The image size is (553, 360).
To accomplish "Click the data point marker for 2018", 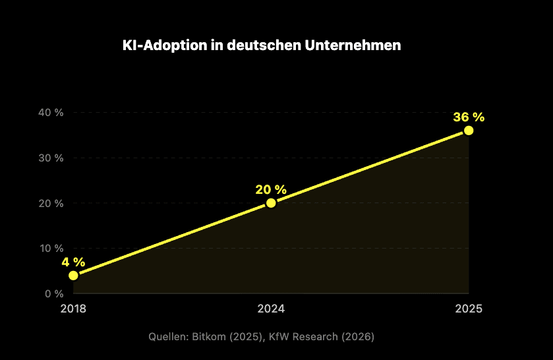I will pos(73,276).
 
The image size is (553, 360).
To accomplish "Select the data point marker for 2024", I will pos(271,203).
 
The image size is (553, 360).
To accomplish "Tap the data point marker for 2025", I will pos(469,131).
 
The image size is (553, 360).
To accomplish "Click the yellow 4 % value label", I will pos(73,262).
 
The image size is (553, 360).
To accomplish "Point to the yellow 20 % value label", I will pos(271,189).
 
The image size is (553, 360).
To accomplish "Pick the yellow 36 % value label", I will pos(469,117).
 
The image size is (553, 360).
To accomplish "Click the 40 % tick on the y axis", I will pos(51,113).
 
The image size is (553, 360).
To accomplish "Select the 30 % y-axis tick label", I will pos(51,158).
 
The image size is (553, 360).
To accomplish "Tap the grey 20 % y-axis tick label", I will pos(51,203).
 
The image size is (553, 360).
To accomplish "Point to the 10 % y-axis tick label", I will pos(51,248).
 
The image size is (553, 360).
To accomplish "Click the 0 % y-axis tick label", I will pos(53,293).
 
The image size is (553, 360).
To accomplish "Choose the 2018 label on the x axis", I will pos(73,309).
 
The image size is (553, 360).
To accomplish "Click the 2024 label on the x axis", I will pos(271,309).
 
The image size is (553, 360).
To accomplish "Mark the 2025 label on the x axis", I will pos(469,309).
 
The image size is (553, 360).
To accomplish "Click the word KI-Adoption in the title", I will pos(161,46).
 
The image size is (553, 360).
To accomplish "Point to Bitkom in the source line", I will pos(207,337).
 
